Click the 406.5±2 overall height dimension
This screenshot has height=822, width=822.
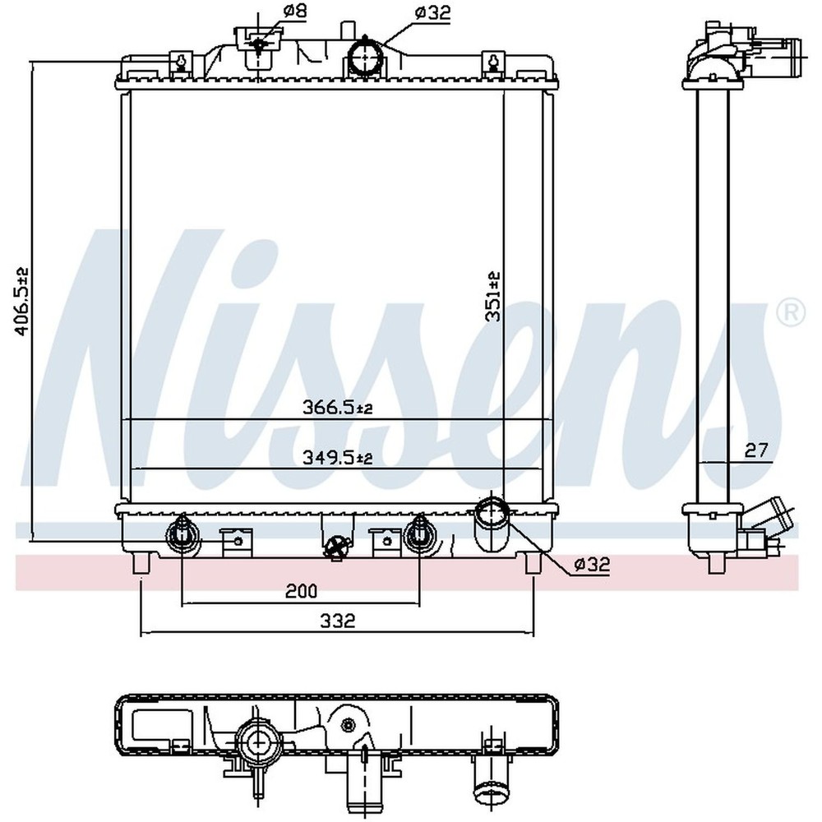click(22, 301)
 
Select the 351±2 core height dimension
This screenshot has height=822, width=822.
click(493, 296)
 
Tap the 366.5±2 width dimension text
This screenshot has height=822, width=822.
click(337, 407)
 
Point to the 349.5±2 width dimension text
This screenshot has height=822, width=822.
click(337, 457)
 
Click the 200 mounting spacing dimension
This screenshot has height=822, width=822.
click(301, 591)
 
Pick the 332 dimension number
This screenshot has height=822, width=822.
click(338, 621)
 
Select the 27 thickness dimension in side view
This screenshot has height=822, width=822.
click(756, 450)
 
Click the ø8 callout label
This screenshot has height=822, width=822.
click(294, 11)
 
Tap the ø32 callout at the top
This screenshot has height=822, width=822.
click(432, 12)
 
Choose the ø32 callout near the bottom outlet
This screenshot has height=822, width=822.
click(592, 564)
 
